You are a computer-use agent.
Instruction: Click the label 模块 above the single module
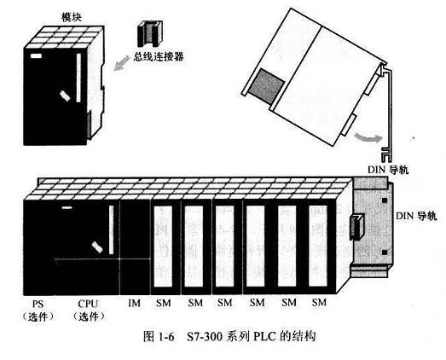point(72,17)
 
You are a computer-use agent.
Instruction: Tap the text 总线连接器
point(159,56)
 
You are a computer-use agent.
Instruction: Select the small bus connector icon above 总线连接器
point(150,33)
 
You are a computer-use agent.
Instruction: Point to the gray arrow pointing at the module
point(121,63)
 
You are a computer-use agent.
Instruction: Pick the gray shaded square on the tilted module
point(267,86)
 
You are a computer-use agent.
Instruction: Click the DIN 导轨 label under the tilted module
point(388,170)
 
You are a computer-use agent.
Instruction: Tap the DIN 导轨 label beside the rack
point(416,216)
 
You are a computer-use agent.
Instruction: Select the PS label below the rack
point(38,304)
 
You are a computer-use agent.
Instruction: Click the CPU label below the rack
point(88,304)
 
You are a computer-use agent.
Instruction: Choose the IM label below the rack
point(134,304)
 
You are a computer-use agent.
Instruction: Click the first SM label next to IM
point(164,303)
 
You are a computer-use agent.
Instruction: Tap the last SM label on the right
point(319,302)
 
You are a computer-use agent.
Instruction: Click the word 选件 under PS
point(38,316)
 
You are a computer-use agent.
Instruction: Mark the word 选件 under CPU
point(89,316)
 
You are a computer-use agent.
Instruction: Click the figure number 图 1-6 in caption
point(159,337)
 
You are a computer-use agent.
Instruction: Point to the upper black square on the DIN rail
point(385,200)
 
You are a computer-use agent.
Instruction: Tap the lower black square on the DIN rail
point(385,253)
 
